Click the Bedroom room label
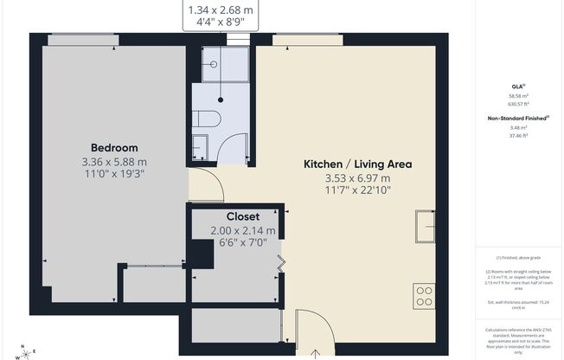(x=114, y=147)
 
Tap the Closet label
(x=243, y=216)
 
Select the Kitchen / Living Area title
(x=356, y=164)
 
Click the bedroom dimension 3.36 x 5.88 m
(x=114, y=161)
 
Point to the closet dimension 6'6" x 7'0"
(x=243, y=244)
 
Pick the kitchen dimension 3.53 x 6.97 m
(x=356, y=178)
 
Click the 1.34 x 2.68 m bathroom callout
(x=221, y=10)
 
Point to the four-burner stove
(x=425, y=297)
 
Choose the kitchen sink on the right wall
(x=425, y=228)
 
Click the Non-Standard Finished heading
(x=517, y=117)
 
